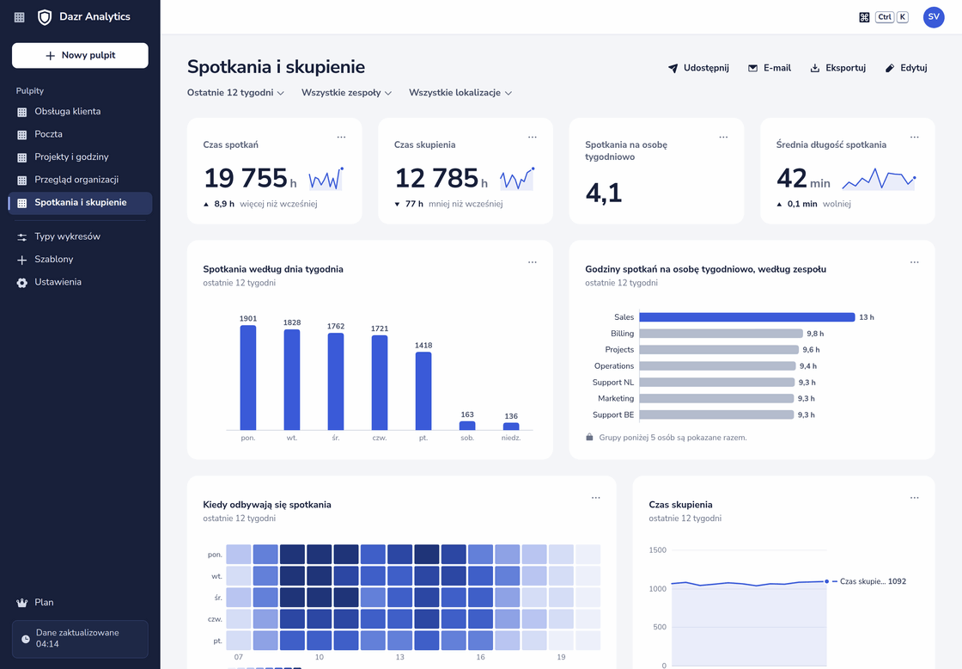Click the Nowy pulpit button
pos(80,55)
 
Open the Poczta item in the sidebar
pos(48,134)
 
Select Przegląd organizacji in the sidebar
pos(76,180)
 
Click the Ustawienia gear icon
pos(22,283)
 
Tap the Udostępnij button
pos(698,68)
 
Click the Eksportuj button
pos(838,68)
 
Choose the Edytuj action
pos(906,68)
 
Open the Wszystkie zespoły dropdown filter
pos(346,93)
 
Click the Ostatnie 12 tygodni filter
pos(235,93)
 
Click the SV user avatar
pos(933,17)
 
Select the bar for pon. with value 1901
pos(248,377)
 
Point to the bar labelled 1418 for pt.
pos(423,391)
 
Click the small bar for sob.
pos(467,426)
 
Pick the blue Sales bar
pos(747,317)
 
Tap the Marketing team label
pos(616,399)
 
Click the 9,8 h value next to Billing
pos(815,334)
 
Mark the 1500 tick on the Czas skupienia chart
pos(657,549)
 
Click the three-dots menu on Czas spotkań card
pos(341,137)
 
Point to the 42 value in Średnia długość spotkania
pos(791,179)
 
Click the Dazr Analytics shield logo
pos(45,17)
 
